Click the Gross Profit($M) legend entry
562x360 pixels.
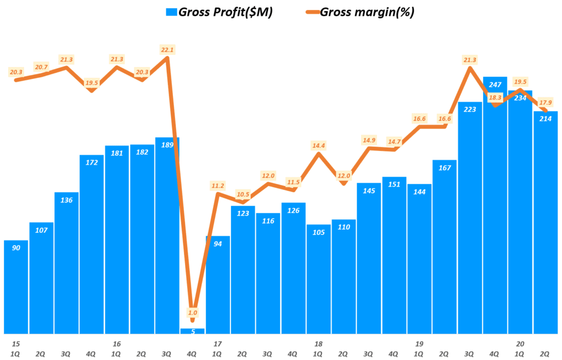click(219, 12)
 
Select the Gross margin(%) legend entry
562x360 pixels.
click(356, 12)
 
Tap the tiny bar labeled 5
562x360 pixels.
click(192, 331)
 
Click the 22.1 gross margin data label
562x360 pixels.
click(167, 50)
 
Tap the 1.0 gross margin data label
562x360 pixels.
click(192, 312)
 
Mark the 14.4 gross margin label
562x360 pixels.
click(319, 145)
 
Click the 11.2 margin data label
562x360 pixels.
click(218, 185)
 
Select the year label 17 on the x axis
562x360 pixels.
click(218, 344)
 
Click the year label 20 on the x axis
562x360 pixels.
click(520, 344)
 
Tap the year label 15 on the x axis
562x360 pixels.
click(16, 344)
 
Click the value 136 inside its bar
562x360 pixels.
click(66, 200)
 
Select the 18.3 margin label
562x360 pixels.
click(495, 98)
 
